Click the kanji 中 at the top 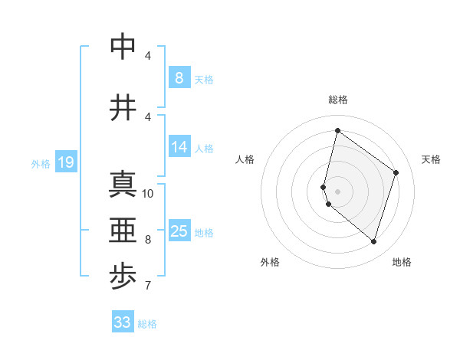tap(123, 48)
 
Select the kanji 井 tap(123, 108)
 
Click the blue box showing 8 tap(179, 77)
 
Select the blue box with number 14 tap(179, 147)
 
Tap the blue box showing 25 tap(179, 231)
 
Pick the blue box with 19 tap(66, 162)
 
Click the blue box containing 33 tap(123, 322)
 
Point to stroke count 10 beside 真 tap(148, 193)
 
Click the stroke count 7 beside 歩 tap(148, 286)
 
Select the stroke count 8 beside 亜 tap(148, 239)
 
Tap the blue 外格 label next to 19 tap(41, 163)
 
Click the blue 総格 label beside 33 tap(147, 324)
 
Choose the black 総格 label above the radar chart tap(337, 100)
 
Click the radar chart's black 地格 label tap(402, 262)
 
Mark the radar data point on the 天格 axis tap(396, 172)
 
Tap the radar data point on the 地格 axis tap(373, 241)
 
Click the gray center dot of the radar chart tap(337, 191)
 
